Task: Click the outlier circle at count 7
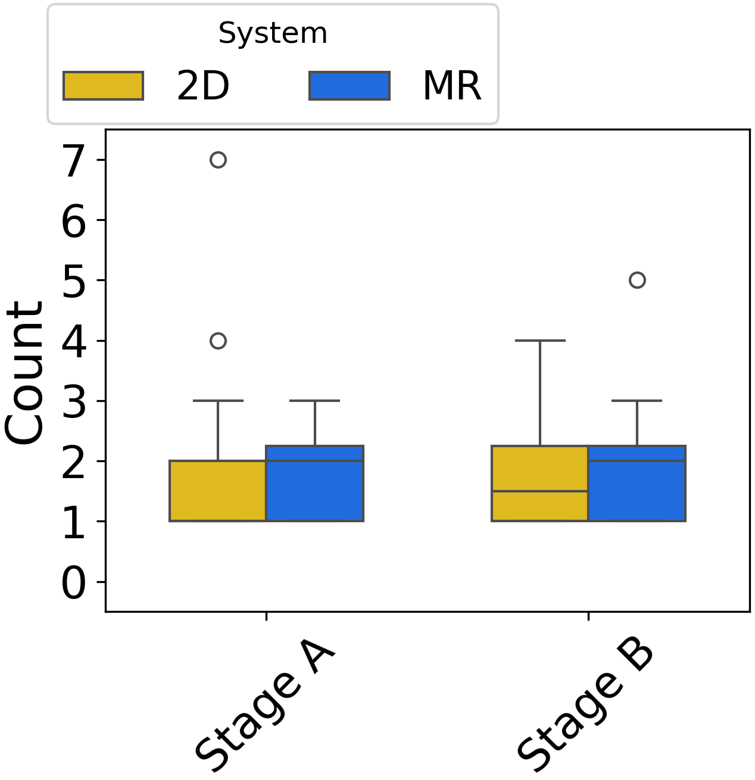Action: pyautogui.click(x=218, y=160)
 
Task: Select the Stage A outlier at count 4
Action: pyautogui.click(x=218, y=341)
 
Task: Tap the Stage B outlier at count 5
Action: pyautogui.click(x=637, y=280)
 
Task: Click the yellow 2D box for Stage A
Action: pyautogui.click(x=218, y=491)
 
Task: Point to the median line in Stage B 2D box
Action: pyautogui.click(x=540, y=491)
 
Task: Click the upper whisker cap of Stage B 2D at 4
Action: pyautogui.click(x=540, y=341)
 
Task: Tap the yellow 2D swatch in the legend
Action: pyautogui.click(x=104, y=86)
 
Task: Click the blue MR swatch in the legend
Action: pyautogui.click(x=350, y=86)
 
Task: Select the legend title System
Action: pyautogui.click(x=273, y=33)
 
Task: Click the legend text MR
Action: pyautogui.click(x=452, y=86)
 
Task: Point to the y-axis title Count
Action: pyautogui.click(x=25, y=372)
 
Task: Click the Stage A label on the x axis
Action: pyautogui.click(x=264, y=706)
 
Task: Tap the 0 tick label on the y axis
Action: pyautogui.click(x=74, y=584)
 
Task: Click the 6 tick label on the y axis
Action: pyautogui.click(x=74, y=221)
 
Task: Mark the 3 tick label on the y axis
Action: pyautogui.click(x=74, y=403)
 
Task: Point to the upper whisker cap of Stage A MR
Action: pyautogui.click(x=314, y=401)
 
